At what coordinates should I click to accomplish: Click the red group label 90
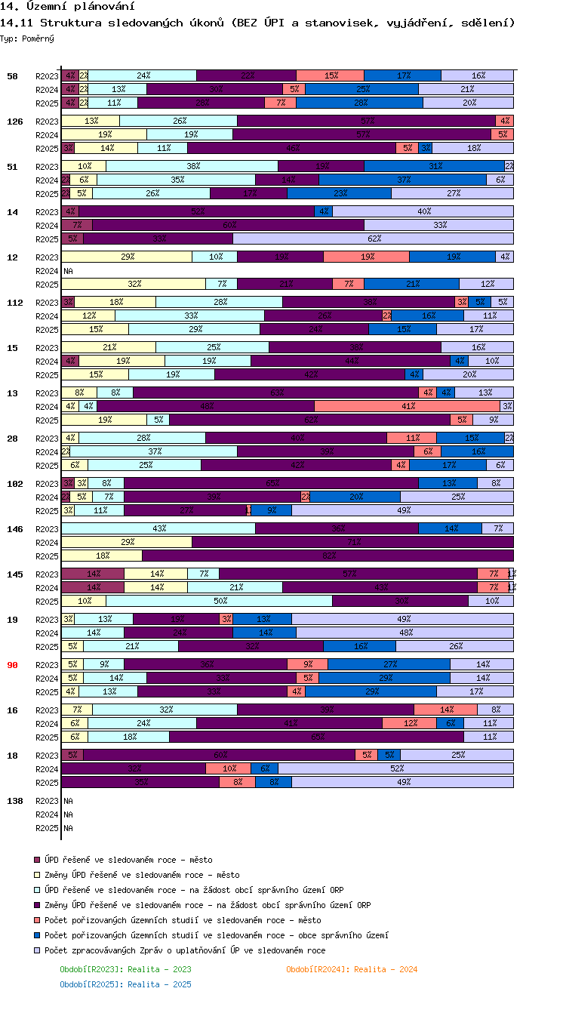[x=12, y=665]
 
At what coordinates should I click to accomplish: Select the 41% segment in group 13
[x=408, y=406]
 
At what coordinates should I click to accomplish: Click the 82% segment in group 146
[x=328, y=556]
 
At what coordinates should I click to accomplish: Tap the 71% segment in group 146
[x=352, y=542]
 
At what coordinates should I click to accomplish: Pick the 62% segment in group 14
[x=373, y=239]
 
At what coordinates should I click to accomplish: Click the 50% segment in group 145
[x=219, y=601]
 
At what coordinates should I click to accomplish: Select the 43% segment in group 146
[x=158, y=528]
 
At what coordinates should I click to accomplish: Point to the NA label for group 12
[x=68, y=270]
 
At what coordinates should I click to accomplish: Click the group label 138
[x=14, y=801]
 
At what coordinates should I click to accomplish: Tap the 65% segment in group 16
[x=316, y=737]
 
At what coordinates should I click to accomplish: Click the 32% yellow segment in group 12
[x=134, y=284]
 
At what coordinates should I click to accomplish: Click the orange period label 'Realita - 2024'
[x=352, y=969]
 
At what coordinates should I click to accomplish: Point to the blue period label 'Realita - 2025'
[x=125, y=984]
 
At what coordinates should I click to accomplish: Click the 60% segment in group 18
[x=219, y=755]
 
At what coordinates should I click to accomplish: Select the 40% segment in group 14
[x=423, y=211]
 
